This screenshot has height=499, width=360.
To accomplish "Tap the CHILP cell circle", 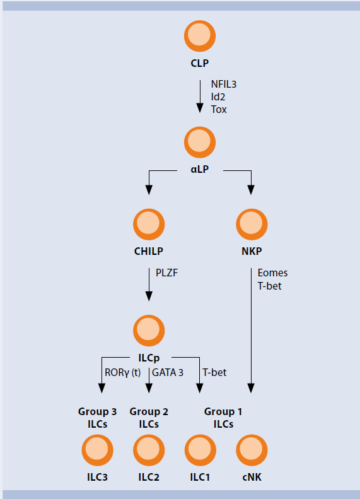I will (x=149, y=223).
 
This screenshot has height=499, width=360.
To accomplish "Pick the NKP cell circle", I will (x=252, y=223).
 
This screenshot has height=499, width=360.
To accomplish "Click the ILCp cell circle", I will (x=149, y=329).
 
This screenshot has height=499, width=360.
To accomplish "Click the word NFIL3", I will (x=224, y=84).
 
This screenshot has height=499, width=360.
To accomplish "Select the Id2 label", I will (x=218, y=97).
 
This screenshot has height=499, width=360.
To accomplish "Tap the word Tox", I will (x=219, y=109).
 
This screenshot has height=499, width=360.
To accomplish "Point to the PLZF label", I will (x=168, y=273).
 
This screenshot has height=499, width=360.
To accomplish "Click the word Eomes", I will (x=272, y=273).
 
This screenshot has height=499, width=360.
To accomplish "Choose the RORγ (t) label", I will (x=124, y=372).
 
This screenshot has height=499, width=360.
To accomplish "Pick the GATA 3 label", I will (x=168, y=372).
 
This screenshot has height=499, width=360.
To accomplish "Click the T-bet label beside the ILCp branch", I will (x=214, y=372).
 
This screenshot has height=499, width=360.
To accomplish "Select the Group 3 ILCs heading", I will (x=98, y=418).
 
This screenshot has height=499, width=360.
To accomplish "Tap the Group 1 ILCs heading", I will (x=223, y=418).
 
